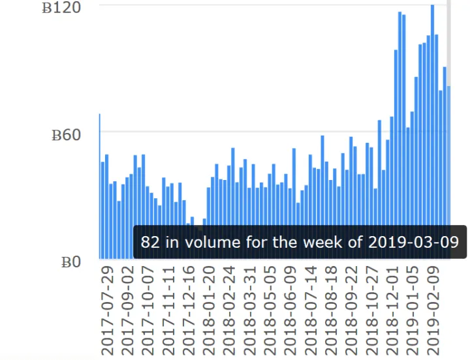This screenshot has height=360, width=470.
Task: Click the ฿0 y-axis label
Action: pos(70,262)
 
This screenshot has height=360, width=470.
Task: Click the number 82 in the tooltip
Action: pos(150,243)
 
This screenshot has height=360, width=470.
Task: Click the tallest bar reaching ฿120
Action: pos(432,130)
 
